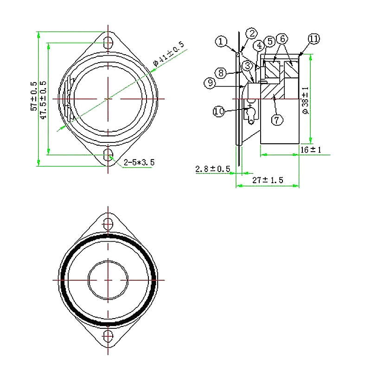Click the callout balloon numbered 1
click(221, 41)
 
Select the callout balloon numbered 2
click(251, 33)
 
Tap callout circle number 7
click(277, 120)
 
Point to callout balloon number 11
click(314, 39)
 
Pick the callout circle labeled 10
click(219, 111)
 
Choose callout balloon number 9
click(210, 83)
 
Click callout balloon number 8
click(221, 73)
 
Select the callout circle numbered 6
click(283, 38)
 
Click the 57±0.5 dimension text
click(34, 96)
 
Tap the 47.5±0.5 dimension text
click(43, 100)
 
